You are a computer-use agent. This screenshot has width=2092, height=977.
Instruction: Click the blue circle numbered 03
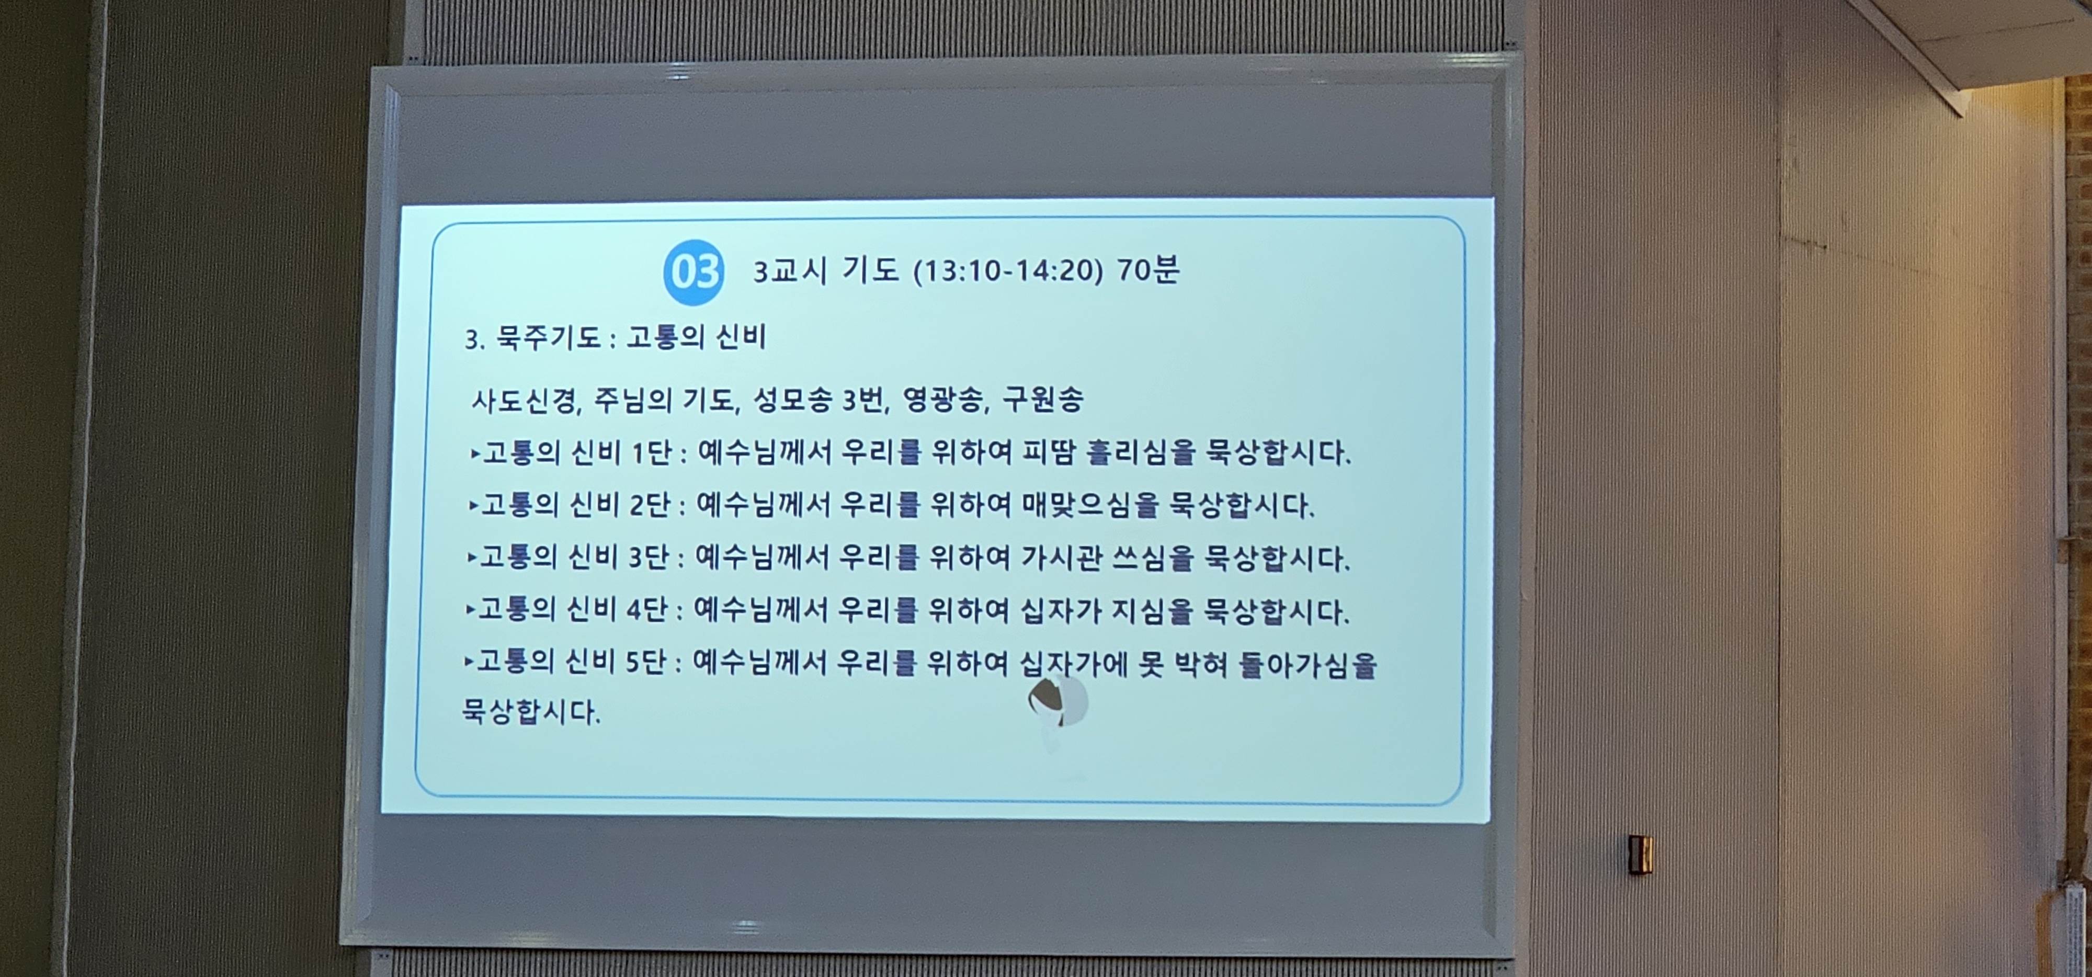click(x=693, y=272)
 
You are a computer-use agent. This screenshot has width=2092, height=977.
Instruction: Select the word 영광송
click(x=942, y=399)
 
